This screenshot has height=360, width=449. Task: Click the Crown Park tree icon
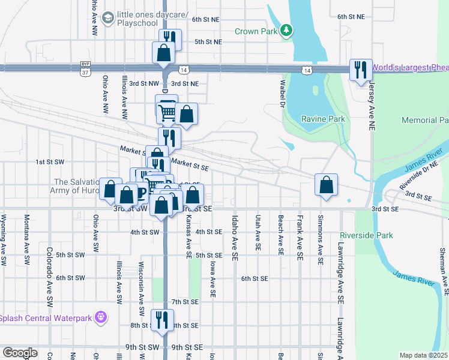coord(287,31)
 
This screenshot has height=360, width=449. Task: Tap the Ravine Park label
coord(323,119)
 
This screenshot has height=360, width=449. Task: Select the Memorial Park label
coord(425,121)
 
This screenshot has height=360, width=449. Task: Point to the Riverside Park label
coord(366,235)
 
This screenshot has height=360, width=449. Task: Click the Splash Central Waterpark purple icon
coord(101,316)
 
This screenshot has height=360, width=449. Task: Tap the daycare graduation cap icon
coord(108,19)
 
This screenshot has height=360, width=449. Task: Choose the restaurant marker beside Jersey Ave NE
coord(361,70)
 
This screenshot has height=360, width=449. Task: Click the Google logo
coord(20,353)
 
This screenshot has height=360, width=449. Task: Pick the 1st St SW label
coord(49,162)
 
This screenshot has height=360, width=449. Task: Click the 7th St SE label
coord(185,301)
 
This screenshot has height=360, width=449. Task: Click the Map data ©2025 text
coord(423,355)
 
